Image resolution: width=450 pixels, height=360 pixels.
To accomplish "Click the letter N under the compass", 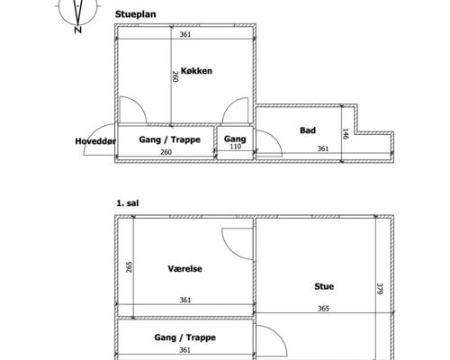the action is coord(78,30).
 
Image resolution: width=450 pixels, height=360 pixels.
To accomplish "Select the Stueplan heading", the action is coord(136,14).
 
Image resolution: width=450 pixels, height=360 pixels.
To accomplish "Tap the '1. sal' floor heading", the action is coord(128,203).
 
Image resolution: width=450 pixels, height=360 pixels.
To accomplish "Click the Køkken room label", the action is coord(196,71).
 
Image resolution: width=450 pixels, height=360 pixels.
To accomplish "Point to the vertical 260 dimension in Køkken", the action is coord(175,76).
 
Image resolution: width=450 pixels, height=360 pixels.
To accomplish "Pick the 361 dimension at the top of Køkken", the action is coord(185,34).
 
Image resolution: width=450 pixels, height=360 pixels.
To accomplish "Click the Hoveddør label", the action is coord(95,141).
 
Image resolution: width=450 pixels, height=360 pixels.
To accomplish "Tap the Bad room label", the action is coord(308,130).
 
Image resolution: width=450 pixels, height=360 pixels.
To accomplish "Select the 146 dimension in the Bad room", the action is coord(346,134).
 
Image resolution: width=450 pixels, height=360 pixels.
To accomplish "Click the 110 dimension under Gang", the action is coord(236,147).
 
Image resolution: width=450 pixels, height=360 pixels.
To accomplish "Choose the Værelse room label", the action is coord(184,268).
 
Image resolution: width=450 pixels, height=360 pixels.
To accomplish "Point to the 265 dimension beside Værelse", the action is coord(129,267).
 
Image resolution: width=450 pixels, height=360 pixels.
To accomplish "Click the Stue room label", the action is coord(324,286).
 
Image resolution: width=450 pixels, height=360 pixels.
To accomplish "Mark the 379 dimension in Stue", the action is coord(380,289).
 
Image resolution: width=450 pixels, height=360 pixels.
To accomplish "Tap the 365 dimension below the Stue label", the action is coord(323,309).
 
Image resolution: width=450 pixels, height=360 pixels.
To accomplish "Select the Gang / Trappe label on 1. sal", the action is coord(184,337).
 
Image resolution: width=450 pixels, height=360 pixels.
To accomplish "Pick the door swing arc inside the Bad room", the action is coord(274,139).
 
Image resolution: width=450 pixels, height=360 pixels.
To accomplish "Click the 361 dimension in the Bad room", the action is coord(323,148).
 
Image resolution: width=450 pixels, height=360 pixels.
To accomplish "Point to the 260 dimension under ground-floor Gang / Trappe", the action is coord(166,152).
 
